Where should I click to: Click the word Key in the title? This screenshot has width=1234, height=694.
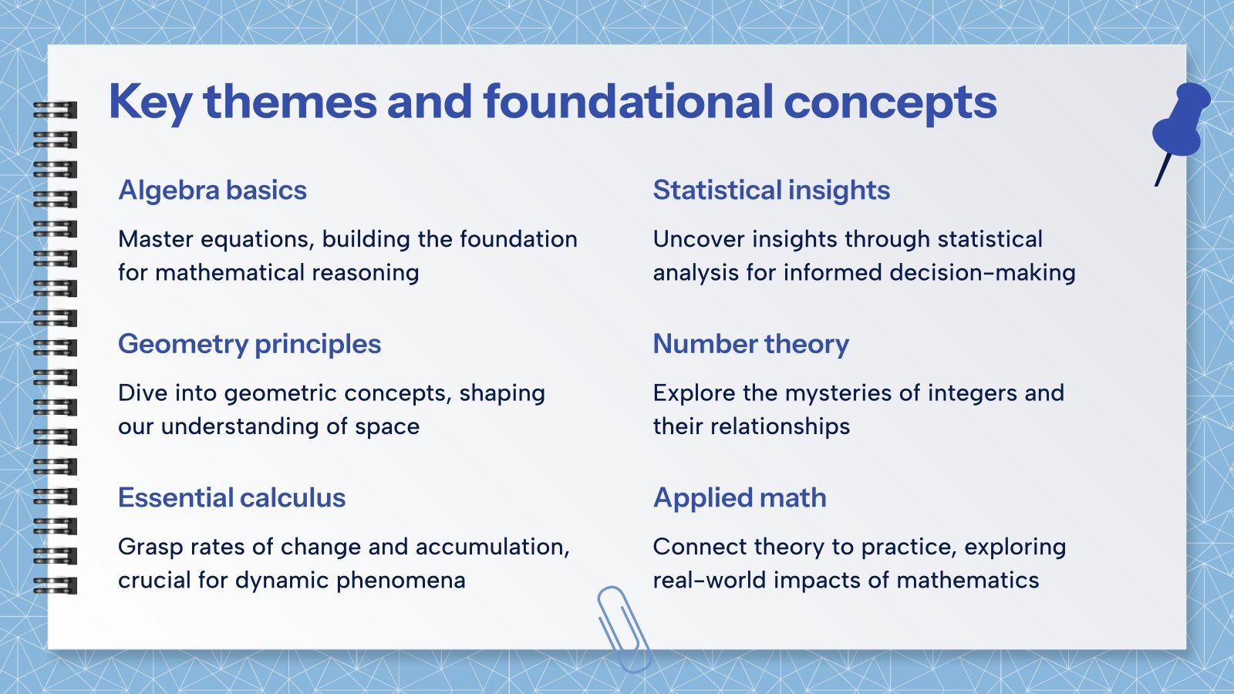coord(150,103)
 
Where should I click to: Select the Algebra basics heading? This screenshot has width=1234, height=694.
coord(212,190)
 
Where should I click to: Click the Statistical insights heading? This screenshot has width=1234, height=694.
coord(771,190)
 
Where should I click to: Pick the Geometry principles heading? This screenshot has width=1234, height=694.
coord(249,344)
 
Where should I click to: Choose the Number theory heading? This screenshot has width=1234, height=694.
coord(750,344)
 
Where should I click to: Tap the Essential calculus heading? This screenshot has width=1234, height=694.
coord(231,498)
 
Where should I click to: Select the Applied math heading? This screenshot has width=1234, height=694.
coord(740,498)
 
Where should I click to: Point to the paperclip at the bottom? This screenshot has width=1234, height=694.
coord(623,628)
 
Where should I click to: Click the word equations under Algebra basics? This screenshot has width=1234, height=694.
coord(258,240)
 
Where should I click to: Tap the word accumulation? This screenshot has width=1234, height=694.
coord(491,547)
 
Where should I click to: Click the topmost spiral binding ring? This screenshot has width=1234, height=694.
coord(56,109)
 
